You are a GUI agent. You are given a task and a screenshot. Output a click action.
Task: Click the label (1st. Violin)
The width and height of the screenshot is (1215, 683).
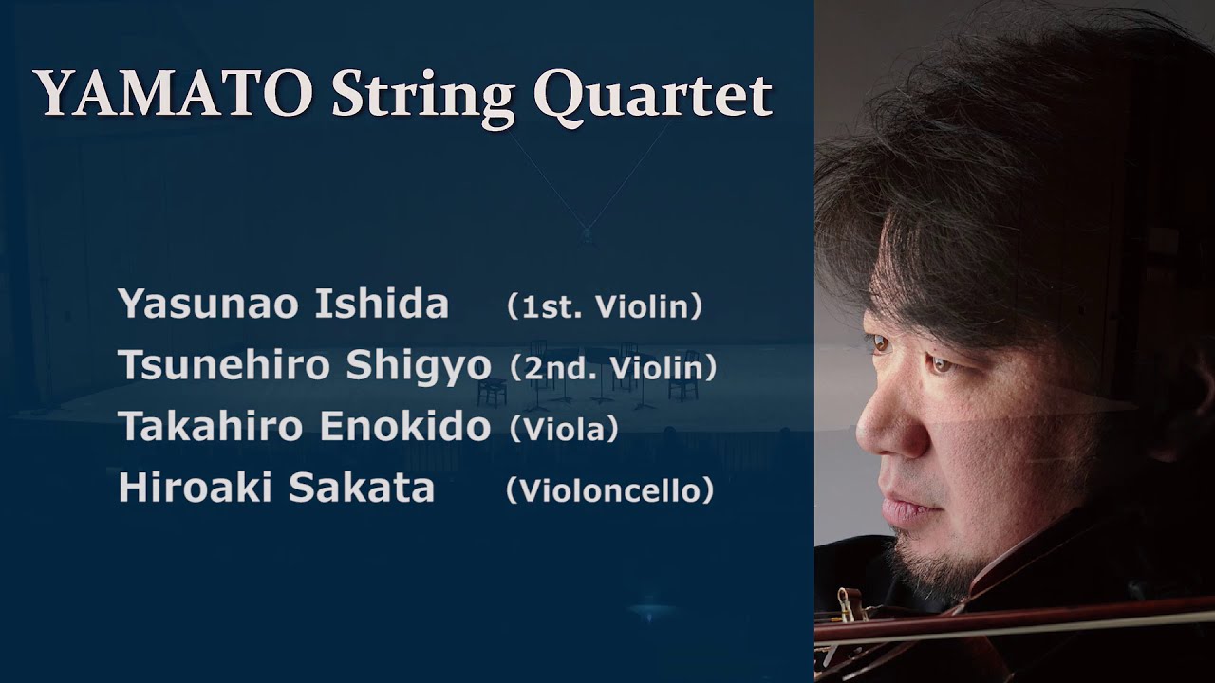point(604,306)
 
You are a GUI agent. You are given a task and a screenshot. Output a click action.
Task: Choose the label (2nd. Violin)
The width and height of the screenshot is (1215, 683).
point(612,368)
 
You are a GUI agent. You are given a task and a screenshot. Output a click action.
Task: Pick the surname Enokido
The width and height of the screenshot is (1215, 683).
point(405,428)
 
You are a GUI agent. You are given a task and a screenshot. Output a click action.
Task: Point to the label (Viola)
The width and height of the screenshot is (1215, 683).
point(564,430)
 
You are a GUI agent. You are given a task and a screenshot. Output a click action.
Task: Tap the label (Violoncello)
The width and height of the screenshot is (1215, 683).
point(609,490)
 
